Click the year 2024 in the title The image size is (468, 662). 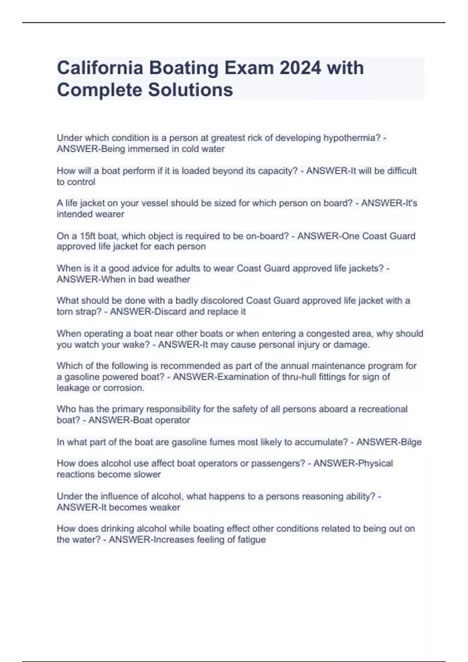300,68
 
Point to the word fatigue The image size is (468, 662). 252,540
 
